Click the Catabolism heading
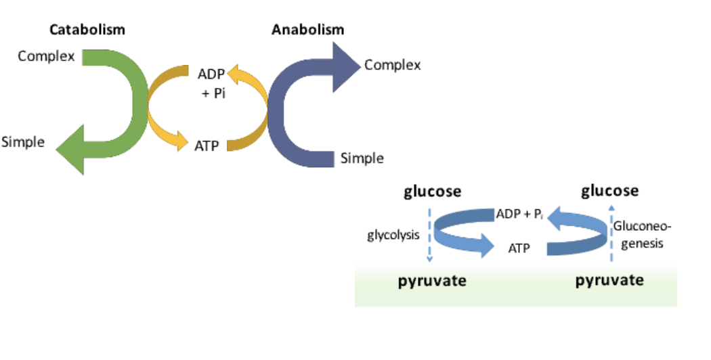point(87,30)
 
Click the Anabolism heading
point(307,30)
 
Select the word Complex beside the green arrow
point(46,56)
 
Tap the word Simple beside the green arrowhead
point(23,142)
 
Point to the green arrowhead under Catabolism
point(71,145)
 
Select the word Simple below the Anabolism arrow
point(362,159)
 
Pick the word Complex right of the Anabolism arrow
point(392,65)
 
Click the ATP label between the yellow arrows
point(207,145)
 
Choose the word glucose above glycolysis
point(433,192)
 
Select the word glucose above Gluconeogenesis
point(609,191)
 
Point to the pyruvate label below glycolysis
point(431,281)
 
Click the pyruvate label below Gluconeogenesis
point(609,280)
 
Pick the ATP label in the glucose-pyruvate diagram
point(519,248)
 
